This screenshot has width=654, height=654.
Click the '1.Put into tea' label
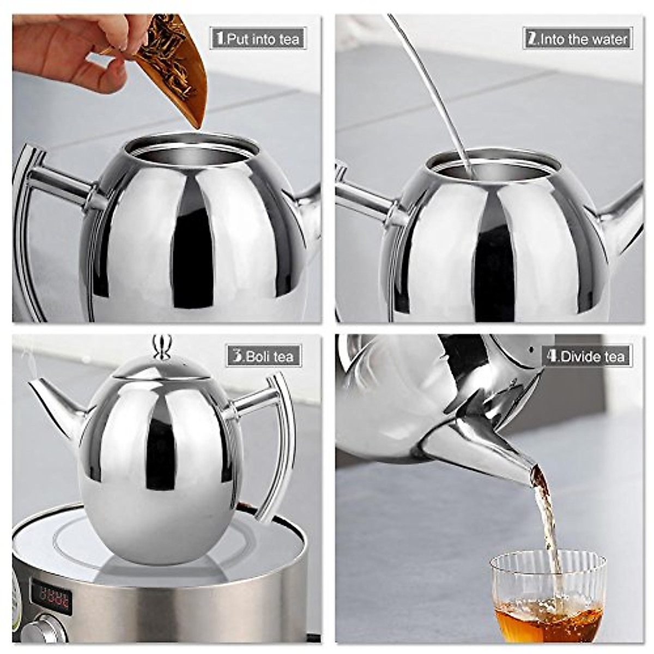pos(258,39)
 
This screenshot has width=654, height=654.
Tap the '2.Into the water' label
pos(577,39)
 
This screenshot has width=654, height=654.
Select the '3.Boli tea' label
pos(264,356)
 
